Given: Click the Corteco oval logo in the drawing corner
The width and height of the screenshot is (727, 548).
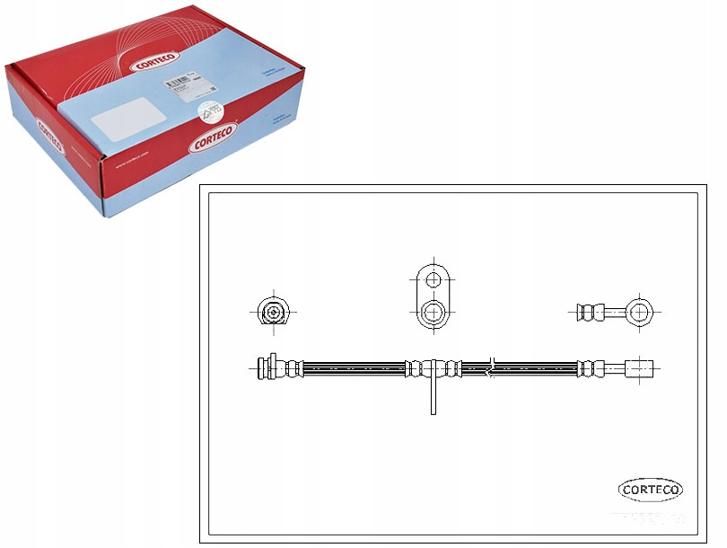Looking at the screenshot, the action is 650,490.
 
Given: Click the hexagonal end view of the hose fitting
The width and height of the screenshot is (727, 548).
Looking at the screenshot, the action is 271,312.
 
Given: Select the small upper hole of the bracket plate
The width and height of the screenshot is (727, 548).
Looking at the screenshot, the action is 434,279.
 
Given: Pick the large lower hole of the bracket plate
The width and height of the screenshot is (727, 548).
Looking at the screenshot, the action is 434,313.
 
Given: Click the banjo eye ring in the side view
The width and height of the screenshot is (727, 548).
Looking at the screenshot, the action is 639,312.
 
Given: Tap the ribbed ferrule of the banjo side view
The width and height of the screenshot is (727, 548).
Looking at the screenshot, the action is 588,312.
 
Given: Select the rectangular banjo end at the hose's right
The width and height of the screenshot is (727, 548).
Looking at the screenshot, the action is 641,367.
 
